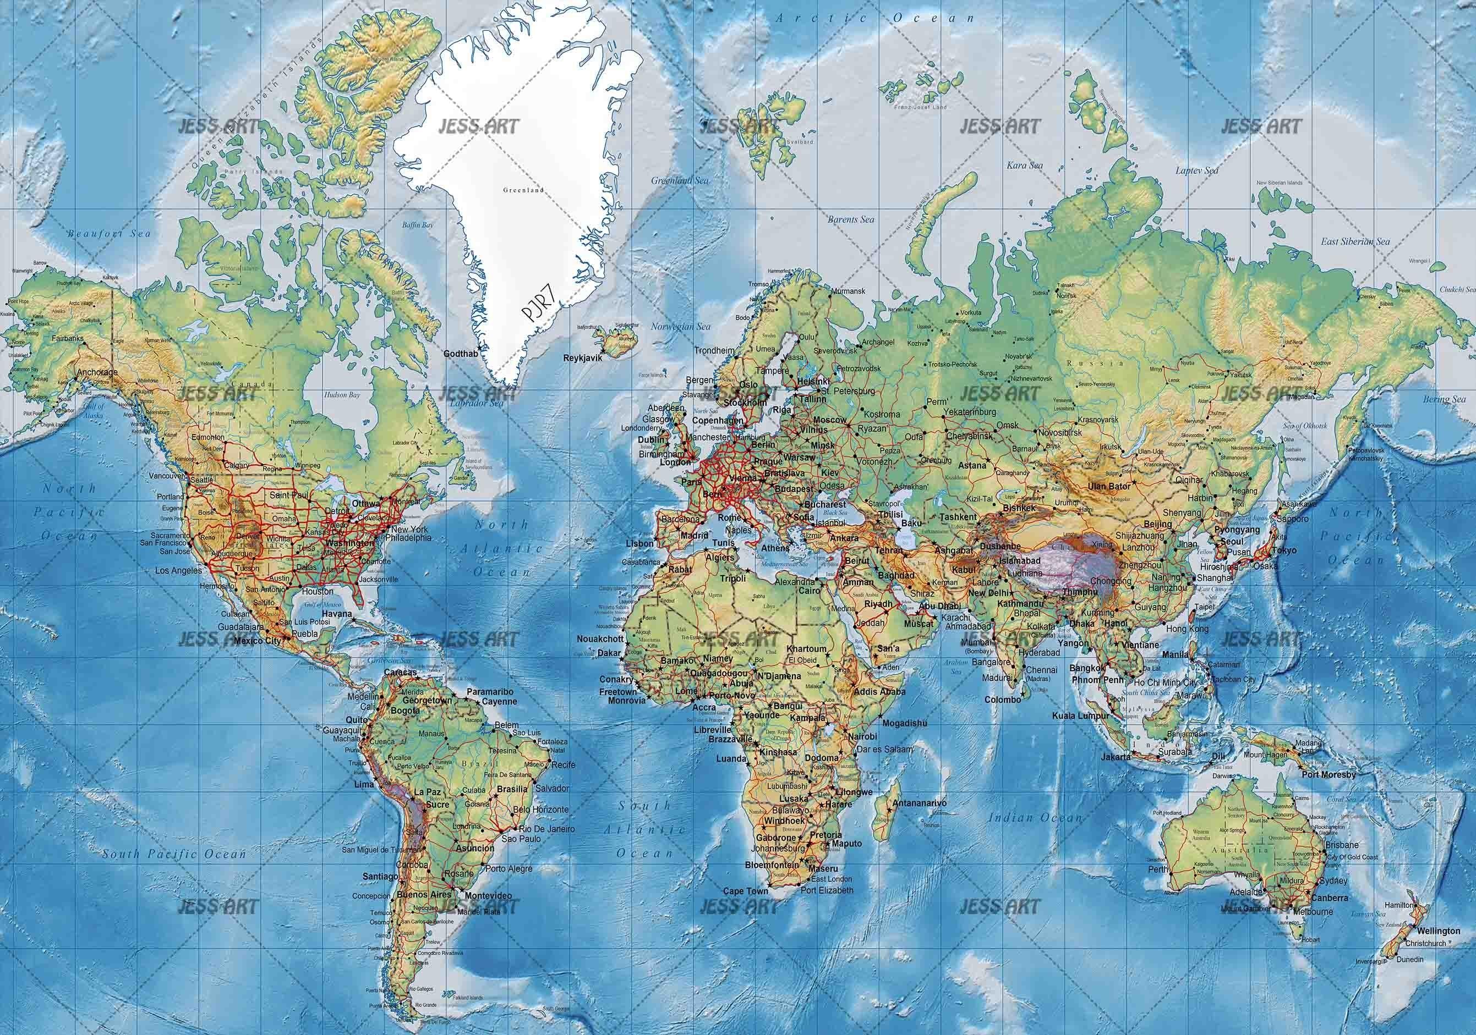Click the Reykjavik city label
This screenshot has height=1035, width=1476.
582,358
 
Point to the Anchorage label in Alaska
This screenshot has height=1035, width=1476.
97,372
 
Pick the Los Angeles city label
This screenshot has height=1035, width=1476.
179,570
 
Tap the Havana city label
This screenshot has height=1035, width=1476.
337,614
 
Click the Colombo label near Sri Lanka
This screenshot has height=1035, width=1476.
1002,700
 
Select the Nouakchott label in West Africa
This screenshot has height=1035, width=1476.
600,639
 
